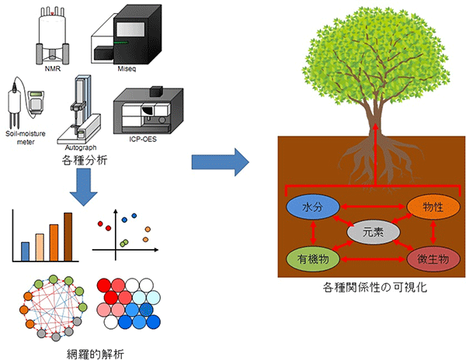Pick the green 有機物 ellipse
[311, 258]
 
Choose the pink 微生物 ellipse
[428, 258]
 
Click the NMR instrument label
[53, 67]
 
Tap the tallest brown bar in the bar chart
[68, 237]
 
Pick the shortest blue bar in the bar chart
[26, 251]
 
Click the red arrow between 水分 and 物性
[369, 206]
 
